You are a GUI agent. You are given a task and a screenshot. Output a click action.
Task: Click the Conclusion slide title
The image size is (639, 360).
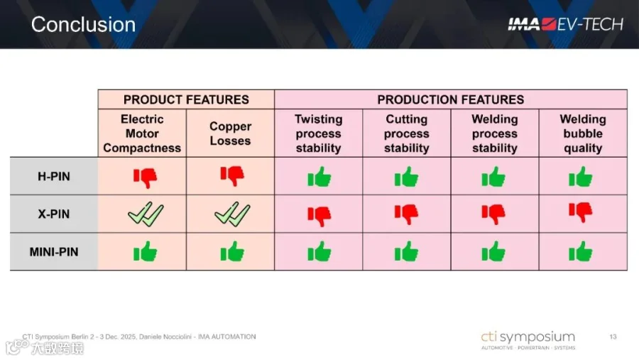click(x=83, y=24)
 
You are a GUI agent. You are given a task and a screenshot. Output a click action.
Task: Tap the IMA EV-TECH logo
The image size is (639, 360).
click(x=566, y=24)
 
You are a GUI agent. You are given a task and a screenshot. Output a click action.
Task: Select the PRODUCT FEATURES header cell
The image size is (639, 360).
click(x=186, y=99)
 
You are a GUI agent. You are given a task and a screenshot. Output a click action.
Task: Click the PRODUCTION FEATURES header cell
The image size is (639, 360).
click(x=451, y=99)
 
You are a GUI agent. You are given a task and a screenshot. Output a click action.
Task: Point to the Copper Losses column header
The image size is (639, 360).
click(x=230, y=133)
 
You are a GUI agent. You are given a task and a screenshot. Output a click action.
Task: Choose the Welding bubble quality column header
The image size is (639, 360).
click(x=583, y=133)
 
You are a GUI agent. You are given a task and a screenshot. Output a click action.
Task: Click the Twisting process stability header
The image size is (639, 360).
click(x=318, y=133)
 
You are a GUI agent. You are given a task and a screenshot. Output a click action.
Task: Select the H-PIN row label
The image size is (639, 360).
click(x=54, y=176)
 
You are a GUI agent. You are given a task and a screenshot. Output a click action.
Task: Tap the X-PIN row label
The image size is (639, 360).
click(x=54, y=214)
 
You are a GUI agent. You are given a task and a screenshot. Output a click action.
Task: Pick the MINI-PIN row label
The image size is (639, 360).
click(x=54, y=252)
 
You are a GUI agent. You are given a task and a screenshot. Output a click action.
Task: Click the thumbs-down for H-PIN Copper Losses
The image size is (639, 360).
click(x=232, y=176)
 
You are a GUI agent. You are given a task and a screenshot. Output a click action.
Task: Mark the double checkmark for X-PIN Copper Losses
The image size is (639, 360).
click(x=232, y=214)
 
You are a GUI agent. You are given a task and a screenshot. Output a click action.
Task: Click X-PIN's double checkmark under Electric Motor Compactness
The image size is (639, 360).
click(x=146, y=214)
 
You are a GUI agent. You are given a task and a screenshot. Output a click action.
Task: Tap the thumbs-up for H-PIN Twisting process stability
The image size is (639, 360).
click(x=319, y=177)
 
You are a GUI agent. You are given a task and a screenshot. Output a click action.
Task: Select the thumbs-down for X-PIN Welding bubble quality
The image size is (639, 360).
click(x=581, y=212)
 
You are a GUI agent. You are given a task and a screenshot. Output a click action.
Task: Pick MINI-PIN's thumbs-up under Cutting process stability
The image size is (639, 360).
click(x=406, y=251)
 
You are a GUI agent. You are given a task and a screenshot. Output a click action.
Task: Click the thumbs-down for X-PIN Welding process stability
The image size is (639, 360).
click(x=493, y=214)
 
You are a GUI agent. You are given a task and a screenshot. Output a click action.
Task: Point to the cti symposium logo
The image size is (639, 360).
click(x=528, y=340)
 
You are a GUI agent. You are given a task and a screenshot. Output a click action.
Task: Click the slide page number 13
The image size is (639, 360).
click(x=613, y=337)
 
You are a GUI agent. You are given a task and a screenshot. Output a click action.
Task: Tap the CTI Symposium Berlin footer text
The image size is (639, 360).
click(x=139, y=337)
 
